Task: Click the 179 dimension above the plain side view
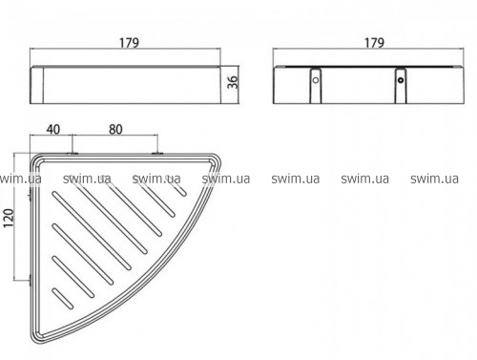pyautogui.click(x=129, y=43)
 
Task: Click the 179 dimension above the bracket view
pyautogui.click(x=374, y=43)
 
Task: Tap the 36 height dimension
pyautogui.click(x=233, y=82)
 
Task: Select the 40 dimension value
pyautogui.click(x=53, y=130)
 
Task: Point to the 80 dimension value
pyautogui.click(x=115, y=130)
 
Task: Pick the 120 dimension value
pyautogui.click(x=9, y=218)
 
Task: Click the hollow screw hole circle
pyautogui.click(x=316, y=80)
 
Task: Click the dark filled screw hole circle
pyautogui.click(x=401, y=80)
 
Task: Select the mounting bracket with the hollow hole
pyautogui.click(x=316, y=86)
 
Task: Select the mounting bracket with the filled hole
pyautogui.click(x=401, y=86)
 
